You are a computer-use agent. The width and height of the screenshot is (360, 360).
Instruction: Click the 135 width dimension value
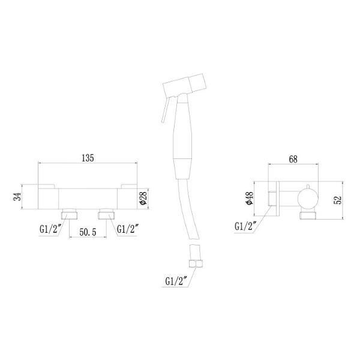point(88,158)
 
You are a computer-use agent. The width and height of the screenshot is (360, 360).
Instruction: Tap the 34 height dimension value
point(17,197)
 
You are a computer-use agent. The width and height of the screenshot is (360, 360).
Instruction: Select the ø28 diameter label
point(143,198)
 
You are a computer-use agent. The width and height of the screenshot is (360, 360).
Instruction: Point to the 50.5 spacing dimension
point(88,232)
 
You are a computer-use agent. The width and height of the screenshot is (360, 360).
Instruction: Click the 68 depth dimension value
point(293,159)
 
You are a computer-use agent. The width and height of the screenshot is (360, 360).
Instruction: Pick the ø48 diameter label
point(250,199)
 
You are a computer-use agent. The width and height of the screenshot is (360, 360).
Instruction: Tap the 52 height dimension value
point(338,200)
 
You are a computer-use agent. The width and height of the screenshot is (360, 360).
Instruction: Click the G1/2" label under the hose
point(176,281)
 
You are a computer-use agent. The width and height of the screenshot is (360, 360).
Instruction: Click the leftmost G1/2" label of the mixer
point(50,229)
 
